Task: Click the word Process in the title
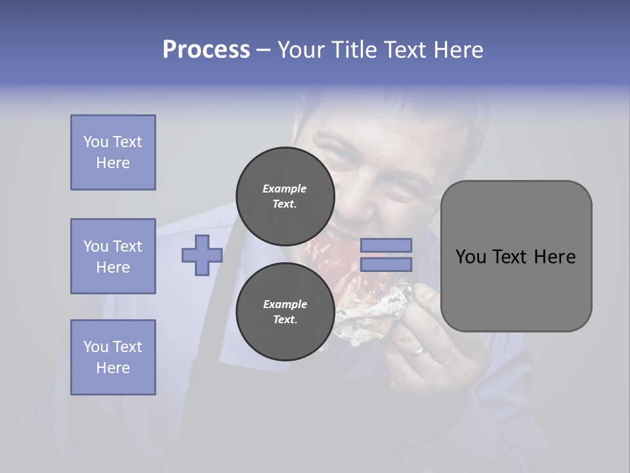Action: (x=206, y=50)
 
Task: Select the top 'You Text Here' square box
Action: (x=113, y=152)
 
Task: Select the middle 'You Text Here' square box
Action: (x=113, y=256)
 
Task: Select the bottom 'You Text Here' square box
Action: (x=113, y=357)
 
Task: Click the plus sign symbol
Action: (x=201, y=255)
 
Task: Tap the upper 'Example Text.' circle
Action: (x=285, y=196)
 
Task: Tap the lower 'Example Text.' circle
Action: (x=285, y=311)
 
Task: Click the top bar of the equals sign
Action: (x=386, y=245)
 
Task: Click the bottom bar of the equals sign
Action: (x=386, y=264)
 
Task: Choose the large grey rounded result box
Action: (x=516, y=256)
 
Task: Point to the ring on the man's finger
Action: (x=419, y=353)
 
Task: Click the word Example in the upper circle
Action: (x=285, y=189)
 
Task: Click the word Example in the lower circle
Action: (x=285, y=304)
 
